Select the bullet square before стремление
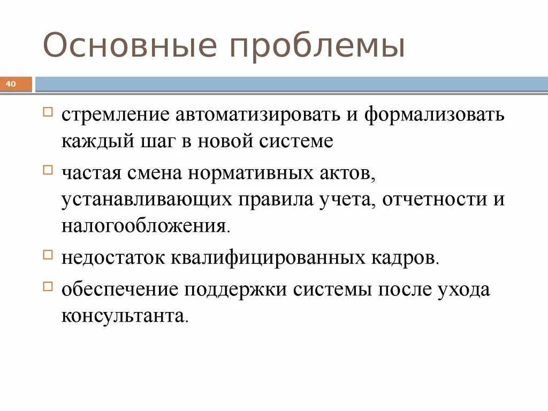pos(48,112)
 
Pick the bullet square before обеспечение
pos(48,285)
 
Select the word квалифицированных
pos(269,258)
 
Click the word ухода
pos(464,290)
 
